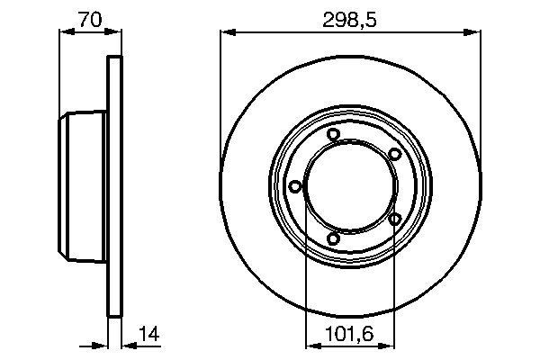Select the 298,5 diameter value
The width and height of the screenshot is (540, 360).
pos(349,16)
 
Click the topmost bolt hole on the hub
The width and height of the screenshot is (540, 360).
pos(333,135)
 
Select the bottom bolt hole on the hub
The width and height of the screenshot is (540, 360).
pos(333,238)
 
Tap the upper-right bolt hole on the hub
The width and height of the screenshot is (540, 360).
pos(394,155)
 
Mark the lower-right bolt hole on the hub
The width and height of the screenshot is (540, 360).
pos(394,219)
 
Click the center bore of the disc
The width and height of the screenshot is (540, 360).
pos(348,186)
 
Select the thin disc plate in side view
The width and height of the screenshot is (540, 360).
pos(113,186)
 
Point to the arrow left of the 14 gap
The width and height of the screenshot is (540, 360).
pos(99,345)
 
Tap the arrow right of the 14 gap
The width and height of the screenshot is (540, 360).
pos(128,345)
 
